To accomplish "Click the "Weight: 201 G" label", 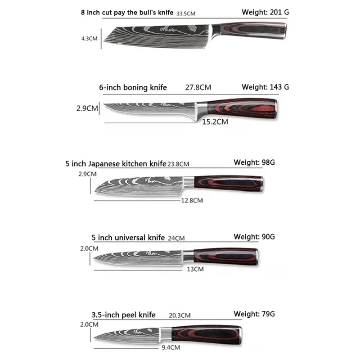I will (x=265, y=12).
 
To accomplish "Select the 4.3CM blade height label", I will (x=89, y=38).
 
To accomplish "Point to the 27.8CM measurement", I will (x=197, y=87).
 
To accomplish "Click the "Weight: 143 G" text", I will (x=265, y=87).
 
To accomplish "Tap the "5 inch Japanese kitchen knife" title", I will (x=116, y=164).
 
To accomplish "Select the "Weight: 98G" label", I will (x=254, y=162).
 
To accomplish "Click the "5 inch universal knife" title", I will (x=128, y=238).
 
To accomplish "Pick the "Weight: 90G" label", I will (x=254, y=236).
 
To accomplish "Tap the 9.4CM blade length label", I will (x=168, y=347).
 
